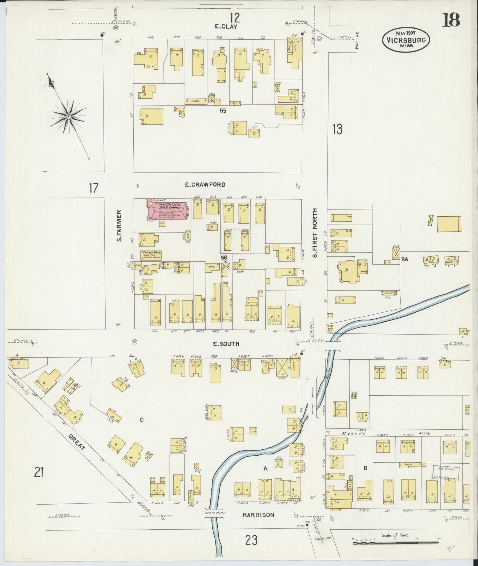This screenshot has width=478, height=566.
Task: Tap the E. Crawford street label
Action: [x=205, y=185]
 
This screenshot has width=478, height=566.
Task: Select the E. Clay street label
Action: [x=226, y=27]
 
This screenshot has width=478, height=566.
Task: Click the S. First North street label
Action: [x=315, y=233]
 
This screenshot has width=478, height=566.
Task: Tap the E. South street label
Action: [x=226, y=344]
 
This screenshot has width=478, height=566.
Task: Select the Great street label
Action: [x=77, y=442]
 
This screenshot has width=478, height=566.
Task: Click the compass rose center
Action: [x=68, y=117]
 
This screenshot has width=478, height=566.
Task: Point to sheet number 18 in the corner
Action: [x=451, y=20]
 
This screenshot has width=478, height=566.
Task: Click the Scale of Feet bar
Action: [x=395, y=542]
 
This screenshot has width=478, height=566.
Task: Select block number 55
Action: [x=223, y=111]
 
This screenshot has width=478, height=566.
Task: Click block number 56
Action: [x=224, y=258]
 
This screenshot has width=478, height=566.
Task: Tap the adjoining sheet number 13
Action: [x=337, y=129]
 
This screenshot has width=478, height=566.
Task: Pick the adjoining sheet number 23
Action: [x=251, y=541]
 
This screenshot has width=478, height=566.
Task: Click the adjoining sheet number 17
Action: [x=94, y=188]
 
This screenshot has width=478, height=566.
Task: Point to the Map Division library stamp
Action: [x=445, y=472]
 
